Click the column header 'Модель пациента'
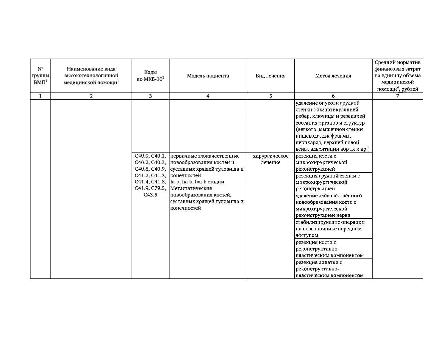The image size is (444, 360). click(x=208, y=76)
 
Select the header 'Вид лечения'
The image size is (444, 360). click(x=271, y=76)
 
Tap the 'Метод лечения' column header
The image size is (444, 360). click(x=333, y=76)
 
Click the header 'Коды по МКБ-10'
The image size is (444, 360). click(x=150, y=76)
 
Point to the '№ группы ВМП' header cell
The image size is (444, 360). click(x=40, y=76)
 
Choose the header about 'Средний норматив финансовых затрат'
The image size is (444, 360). click(x=397, y=76)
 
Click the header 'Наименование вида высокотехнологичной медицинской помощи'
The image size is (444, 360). click(x=91, y=76)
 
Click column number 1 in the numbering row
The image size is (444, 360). click(x=40, y=96)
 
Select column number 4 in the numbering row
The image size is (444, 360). click(x=208, y=96)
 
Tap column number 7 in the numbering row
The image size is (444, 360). click(x=397, y=96)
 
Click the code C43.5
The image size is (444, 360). click(x=150, y=195)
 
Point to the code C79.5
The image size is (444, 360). click(x=158, y=188)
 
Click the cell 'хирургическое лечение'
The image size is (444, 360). click(x=271, y=159)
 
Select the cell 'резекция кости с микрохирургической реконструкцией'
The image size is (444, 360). click(x=321, y=163)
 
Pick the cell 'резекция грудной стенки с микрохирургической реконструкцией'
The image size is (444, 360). click(x=327, y=182)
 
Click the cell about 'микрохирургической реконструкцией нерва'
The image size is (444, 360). click(x=327, y=205)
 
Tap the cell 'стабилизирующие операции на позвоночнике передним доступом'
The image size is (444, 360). click(x=330, y=229)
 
